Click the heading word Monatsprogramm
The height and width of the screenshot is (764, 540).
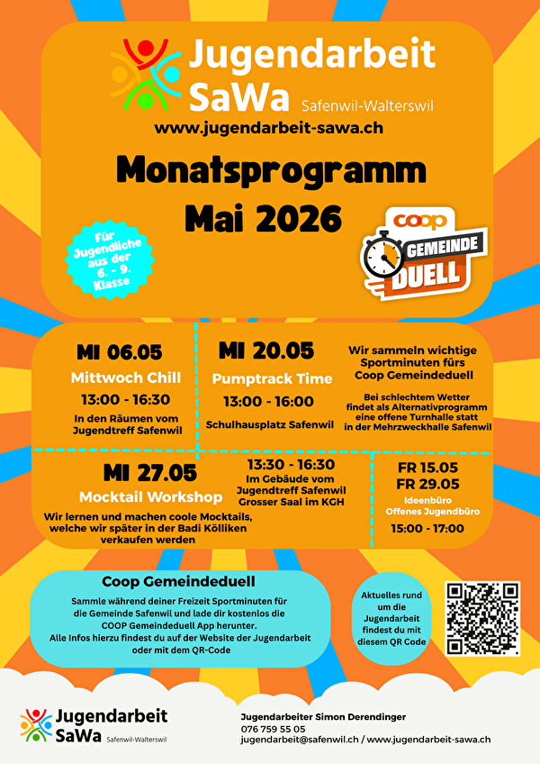(271, 171)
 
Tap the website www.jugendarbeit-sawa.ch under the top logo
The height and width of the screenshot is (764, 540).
(269, 128)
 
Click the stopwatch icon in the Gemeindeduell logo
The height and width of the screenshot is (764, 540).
(382, 257)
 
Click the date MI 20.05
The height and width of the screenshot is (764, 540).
(266, 350)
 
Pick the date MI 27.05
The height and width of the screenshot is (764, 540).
(149, 473)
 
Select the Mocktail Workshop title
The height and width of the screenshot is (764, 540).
(150, 496)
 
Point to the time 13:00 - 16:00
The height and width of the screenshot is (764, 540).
(268, 401)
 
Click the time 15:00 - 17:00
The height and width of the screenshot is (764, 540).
(427, 529)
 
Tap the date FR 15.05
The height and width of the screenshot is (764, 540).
(427, 468)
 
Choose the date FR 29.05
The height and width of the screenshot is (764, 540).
(427, 484)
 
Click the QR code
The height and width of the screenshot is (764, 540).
(482, 618)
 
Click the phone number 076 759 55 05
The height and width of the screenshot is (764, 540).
(273, 728)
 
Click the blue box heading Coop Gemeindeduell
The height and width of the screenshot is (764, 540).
(178, 582)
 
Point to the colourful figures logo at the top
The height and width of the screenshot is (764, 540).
(146, 74)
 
